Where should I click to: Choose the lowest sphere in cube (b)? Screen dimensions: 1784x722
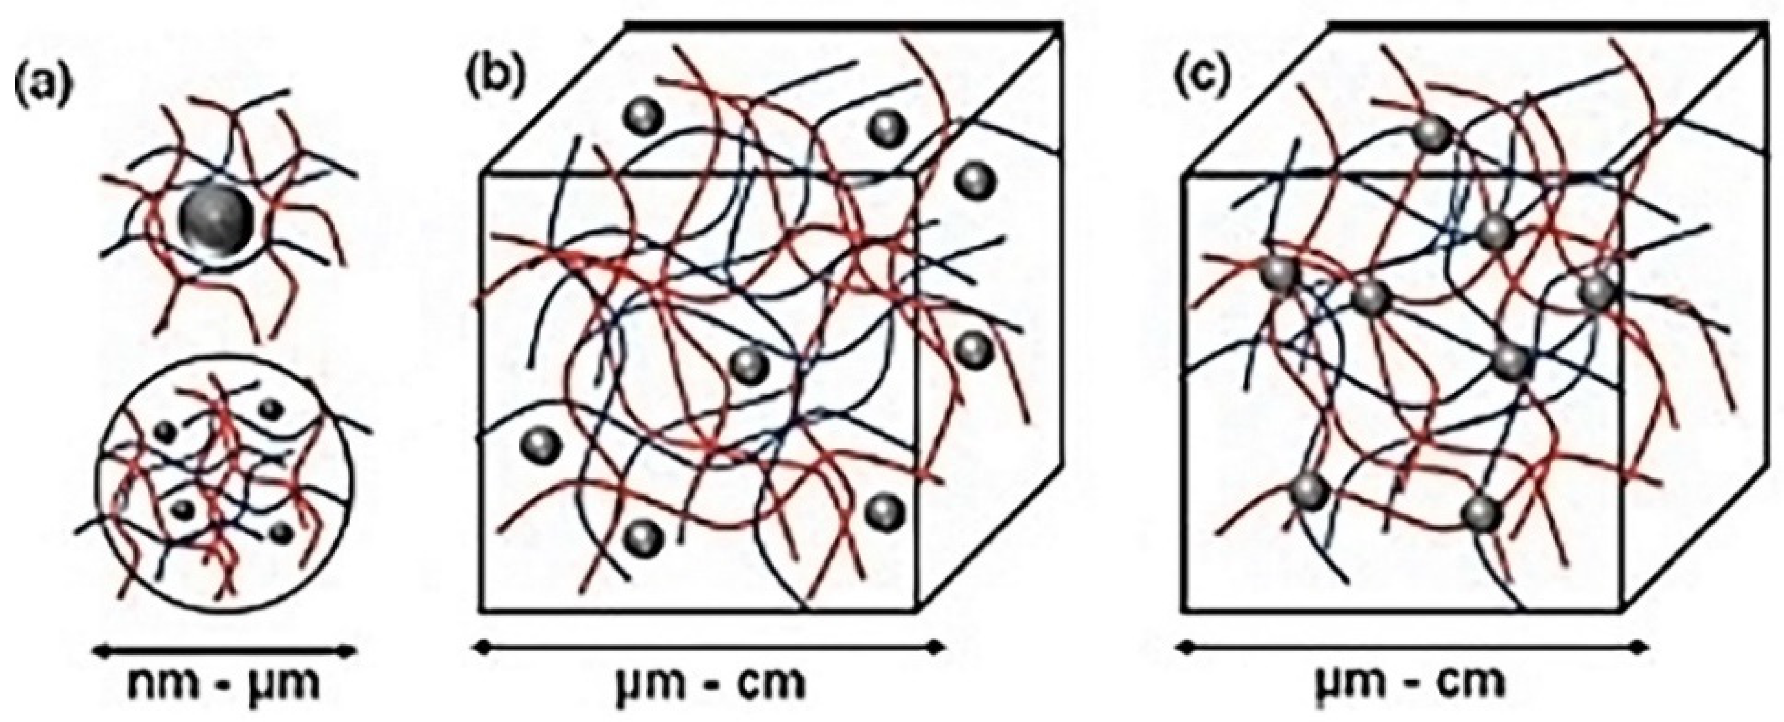[644, 536]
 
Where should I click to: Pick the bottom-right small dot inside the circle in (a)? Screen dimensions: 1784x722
[280, 533]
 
